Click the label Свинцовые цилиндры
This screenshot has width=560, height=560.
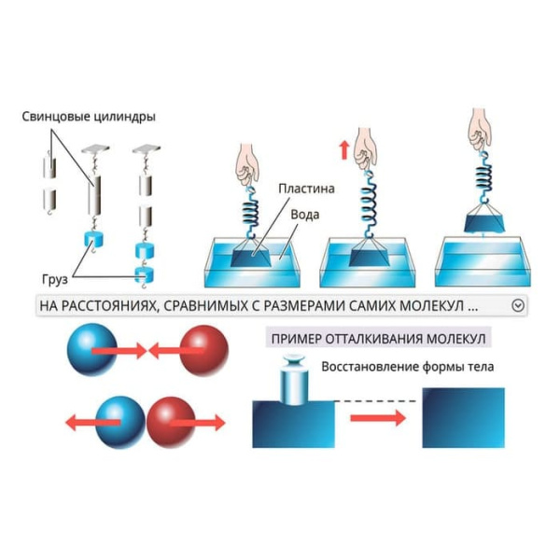point(89,118)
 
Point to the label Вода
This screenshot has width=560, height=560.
point(315,213)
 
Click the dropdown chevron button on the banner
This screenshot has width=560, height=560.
point(518,305)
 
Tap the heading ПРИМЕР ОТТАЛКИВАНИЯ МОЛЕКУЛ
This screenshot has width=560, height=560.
point(378,337)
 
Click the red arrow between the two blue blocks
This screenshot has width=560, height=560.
point(378,417)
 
